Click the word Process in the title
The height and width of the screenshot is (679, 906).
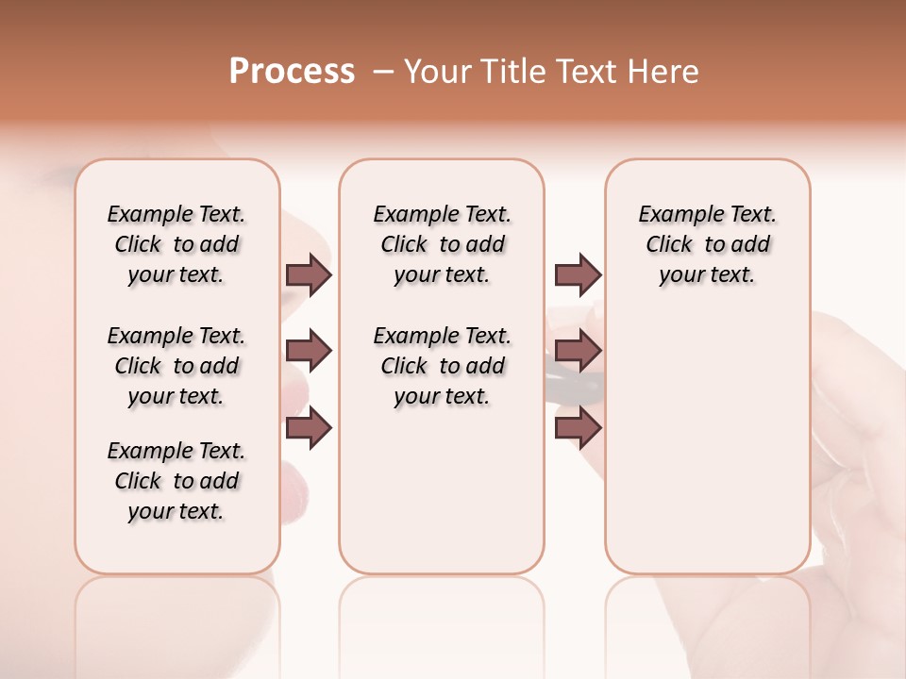pos(292,72)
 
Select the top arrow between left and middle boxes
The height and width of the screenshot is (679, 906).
pos(309,275)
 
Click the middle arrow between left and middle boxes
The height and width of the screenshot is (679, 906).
pos(309,351)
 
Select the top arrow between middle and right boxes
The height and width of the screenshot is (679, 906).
pos(578,275)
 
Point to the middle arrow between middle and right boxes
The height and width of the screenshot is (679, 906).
pos(578,351)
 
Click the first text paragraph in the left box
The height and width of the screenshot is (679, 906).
pos(176,244)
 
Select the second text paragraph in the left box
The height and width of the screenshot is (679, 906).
pos(176,366)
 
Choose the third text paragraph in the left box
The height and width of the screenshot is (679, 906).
pos(176,481)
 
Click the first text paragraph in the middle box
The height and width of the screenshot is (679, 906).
pos(442,244)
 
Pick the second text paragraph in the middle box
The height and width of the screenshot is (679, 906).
pos(442,366)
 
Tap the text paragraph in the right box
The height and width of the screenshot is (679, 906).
pos(707,244)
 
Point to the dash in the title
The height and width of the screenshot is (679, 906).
pos(383,72)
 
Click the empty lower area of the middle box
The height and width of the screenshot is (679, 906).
pos(442,490)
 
